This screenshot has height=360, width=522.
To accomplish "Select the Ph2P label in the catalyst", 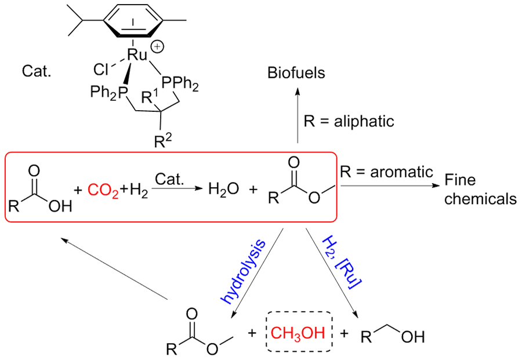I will click(x=110, y=92).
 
